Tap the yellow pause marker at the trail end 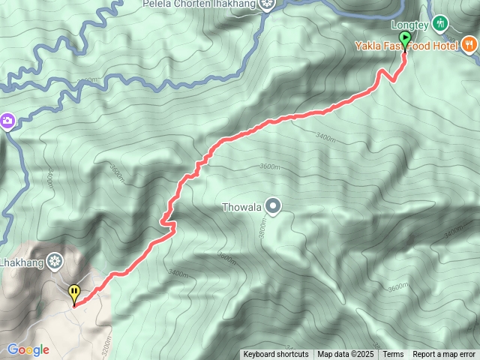tap(73, 292)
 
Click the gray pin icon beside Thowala tap(273, 205)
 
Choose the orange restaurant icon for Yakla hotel tap(469, 44)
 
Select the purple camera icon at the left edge tap(7, 121)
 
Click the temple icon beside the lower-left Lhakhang tap(54, 262)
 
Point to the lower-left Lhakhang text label tap(20, 262)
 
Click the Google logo tap(28, 349)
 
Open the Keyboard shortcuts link tap(275, 355)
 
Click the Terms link tap(393, 355)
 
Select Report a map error tap(444, 355)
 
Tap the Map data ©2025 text tap(345, 355)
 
